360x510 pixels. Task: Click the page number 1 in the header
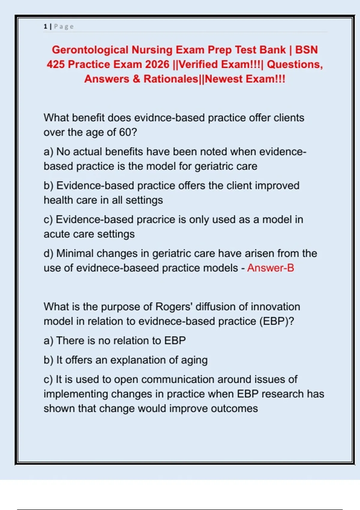45,26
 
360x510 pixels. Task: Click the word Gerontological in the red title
90,50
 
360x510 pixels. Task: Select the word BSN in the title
306,50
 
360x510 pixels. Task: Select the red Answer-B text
271,268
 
